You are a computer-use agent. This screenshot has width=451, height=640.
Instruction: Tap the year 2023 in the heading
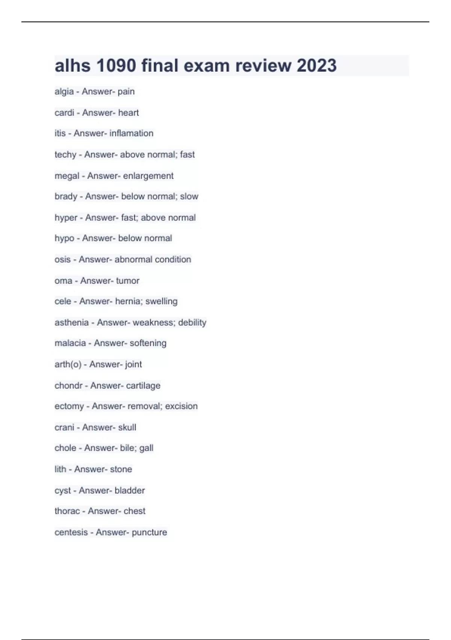(316, 66)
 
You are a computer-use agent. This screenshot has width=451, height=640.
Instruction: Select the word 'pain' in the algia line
(126, 91)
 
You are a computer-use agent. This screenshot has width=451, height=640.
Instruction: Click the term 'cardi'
(64, 113)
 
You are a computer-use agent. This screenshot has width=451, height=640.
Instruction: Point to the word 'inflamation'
(131, 133)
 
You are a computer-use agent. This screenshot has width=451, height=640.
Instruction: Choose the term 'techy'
(65, 155)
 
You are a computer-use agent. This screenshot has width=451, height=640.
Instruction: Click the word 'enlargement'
(148, 176)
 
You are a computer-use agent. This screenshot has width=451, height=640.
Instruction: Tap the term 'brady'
(66, 197)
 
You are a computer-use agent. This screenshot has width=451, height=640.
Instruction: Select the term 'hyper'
(66, 218)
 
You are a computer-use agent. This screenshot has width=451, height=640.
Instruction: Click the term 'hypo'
(64, 238)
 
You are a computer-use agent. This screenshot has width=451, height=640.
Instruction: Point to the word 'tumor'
(127, 281)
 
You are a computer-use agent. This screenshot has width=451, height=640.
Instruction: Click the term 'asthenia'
(71, 323)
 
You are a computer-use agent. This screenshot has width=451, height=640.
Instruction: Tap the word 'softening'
(148, 343)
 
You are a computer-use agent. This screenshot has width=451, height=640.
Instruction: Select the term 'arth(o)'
(68, 364)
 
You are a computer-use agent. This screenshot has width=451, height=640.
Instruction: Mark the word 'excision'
(181, 406)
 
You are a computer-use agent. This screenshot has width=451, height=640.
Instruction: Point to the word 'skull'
(127, 427)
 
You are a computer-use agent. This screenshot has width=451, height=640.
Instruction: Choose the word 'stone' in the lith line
(121, 469)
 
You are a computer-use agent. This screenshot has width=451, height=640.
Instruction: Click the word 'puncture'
(149, 532)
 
